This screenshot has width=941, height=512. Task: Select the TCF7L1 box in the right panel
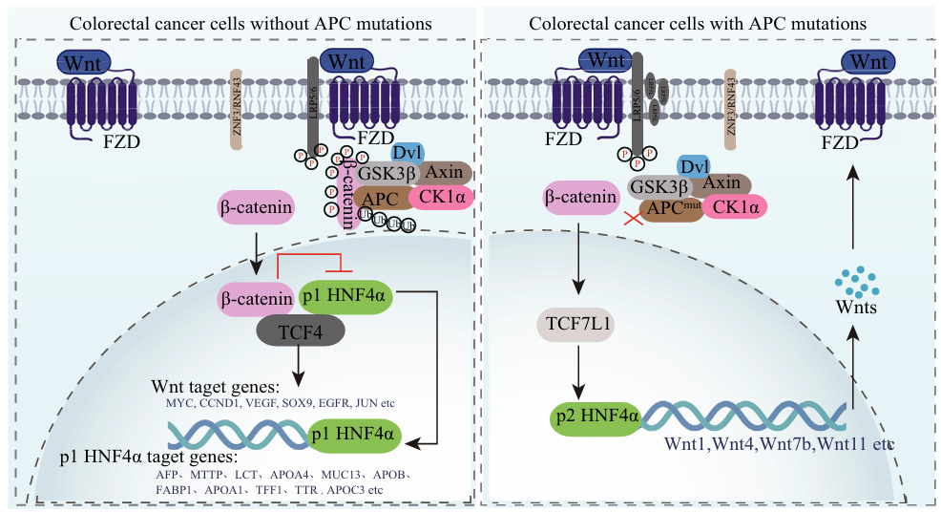click(577, 325)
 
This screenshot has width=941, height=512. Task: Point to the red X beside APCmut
click(631, 220)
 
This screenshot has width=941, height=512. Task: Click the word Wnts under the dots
click(856, 310)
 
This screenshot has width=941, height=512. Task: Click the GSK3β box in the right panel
click(659, 185)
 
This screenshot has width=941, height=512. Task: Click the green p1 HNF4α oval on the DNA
click(352, 437)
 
